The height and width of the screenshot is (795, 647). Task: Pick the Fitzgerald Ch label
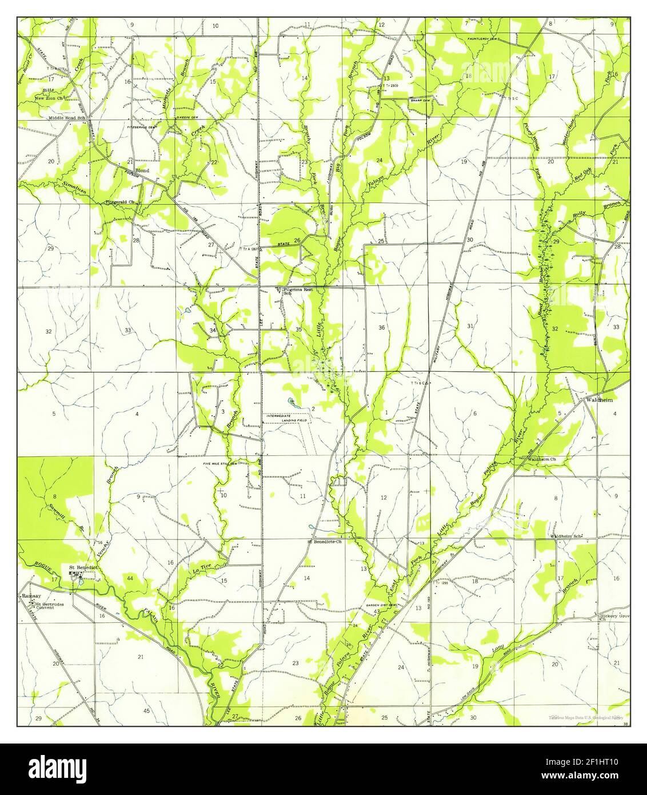pyautogui.click(x=120, y=202)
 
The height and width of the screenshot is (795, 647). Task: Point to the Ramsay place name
pyautogui.click(x=29, y=595)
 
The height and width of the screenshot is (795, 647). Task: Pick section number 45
pyautogui.click(x=146, y=710)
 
